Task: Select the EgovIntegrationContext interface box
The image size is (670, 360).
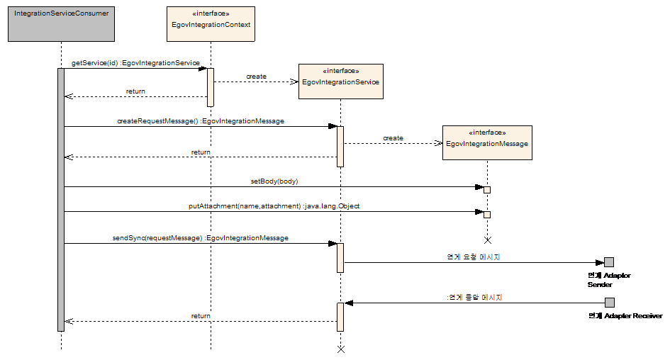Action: tap(211, 25)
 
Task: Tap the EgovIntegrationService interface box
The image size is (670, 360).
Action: tap(340, 81)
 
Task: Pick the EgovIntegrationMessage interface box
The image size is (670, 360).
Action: tap(487, 143)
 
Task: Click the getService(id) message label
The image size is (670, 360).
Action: tap(135, 63)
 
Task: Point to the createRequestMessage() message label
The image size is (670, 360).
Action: tap(200, 121)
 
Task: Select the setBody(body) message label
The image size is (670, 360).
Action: tap(274, 181)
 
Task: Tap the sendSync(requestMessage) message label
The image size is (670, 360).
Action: tap(200, 238)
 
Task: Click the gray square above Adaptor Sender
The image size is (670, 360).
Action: tap(609, 262)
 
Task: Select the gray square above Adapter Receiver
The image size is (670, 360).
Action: tap(609, 303)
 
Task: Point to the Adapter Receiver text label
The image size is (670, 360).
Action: tap(625, 315)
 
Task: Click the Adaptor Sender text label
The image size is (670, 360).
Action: tap(608, 279)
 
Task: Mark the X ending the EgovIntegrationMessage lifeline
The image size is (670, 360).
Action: tap(487, 240)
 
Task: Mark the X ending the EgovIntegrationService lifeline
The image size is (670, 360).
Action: tap(340, 349)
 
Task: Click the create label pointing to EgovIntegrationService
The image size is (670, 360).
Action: tap(256, 76)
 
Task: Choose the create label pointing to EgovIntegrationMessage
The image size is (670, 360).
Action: tap(393, 138)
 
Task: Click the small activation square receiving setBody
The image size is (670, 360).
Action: tap(487, 190)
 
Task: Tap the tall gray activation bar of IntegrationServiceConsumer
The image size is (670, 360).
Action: tap(61, 199)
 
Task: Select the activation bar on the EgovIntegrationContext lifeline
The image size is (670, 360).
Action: tap(211, 87)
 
